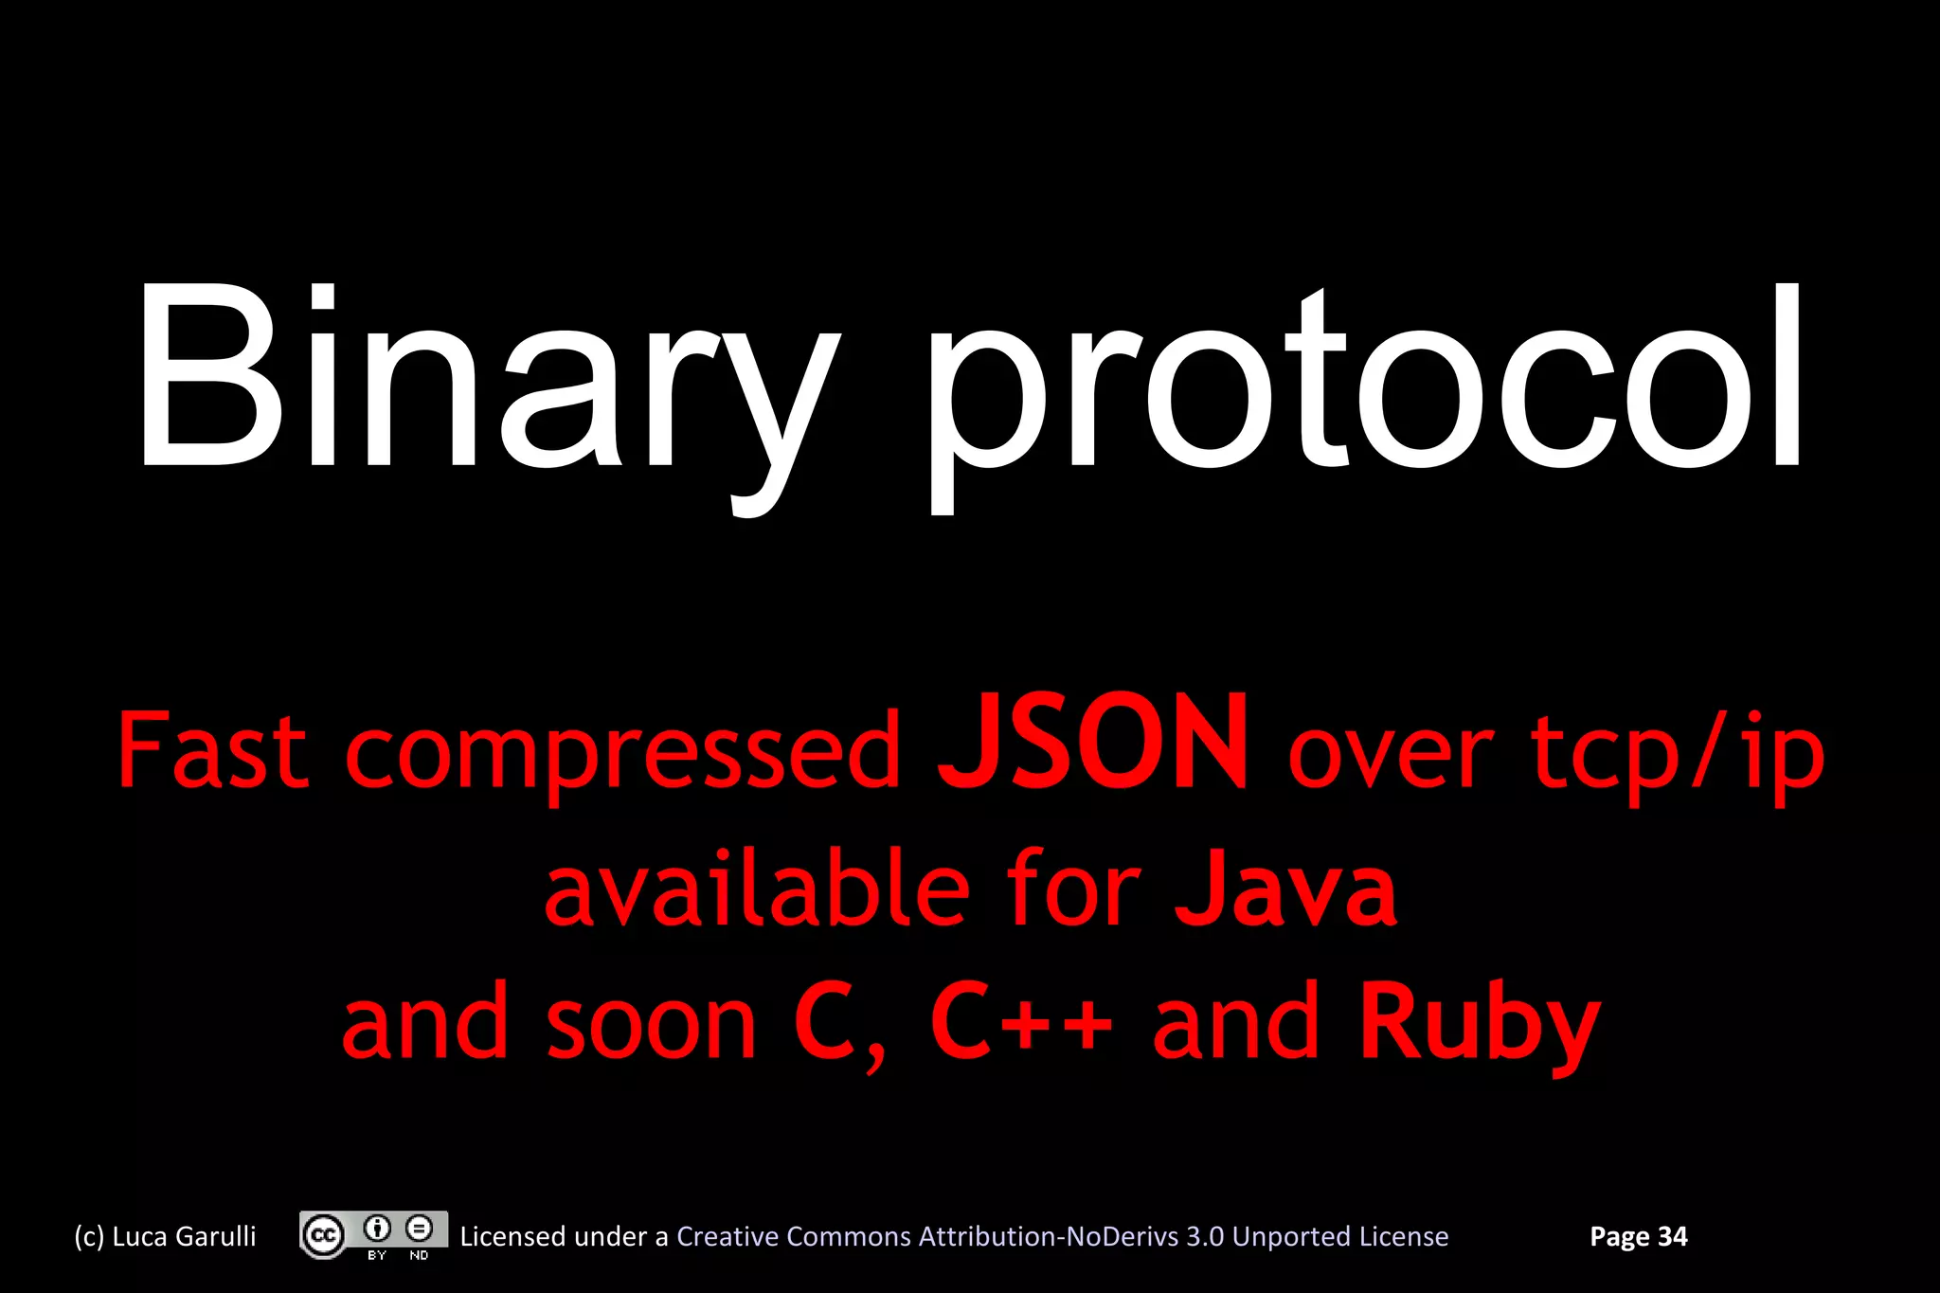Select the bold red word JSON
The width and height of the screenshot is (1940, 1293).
1092,744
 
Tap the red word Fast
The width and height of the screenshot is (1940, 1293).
212,751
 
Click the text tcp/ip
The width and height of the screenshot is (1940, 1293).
1678,753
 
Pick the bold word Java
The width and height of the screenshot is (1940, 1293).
1285,889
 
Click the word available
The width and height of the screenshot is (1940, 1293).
757,889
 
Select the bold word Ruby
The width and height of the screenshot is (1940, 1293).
1479,1024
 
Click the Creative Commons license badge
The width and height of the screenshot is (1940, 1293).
373,1235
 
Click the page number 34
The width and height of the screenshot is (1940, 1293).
1672,1236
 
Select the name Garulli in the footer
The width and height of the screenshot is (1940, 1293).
215,1236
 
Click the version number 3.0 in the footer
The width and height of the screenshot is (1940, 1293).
1204,1236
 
